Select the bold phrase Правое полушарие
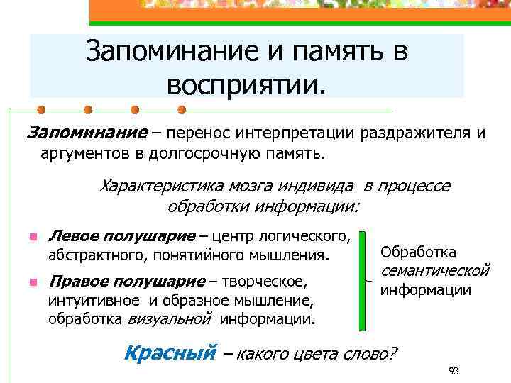[x=125, y=282]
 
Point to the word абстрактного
[x=94, y=254]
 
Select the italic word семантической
[x=435, y=270]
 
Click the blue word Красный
[x=169, y=352]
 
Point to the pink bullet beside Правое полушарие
[x=33, y=282]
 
